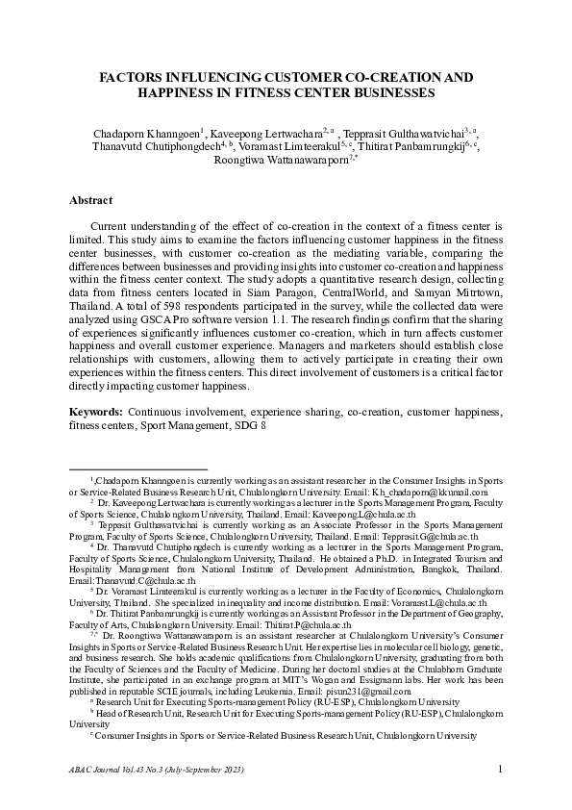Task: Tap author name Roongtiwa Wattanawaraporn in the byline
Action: (x=277, y=161)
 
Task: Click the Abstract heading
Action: (x=91, y=200)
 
